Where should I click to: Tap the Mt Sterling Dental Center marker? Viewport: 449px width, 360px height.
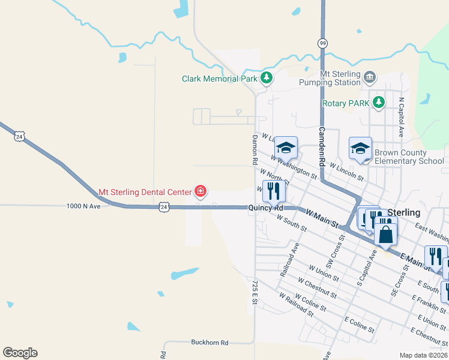[200, 192]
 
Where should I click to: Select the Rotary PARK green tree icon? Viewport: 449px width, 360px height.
[378, 103]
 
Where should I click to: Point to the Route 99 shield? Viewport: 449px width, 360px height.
[323, 43]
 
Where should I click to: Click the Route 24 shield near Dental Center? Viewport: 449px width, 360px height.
[164, 207]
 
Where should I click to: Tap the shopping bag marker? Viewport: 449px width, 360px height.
[385, 233]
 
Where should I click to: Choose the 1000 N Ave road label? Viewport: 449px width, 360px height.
[83, 206]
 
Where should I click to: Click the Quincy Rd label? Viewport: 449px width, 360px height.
[266, 208]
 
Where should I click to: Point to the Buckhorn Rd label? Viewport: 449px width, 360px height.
[210, 343]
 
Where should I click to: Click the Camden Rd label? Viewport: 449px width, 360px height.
[322, 148]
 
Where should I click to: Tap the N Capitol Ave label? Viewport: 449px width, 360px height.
[401, 117]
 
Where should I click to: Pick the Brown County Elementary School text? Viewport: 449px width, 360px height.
[409, 157]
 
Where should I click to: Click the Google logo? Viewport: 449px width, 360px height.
[20, 353]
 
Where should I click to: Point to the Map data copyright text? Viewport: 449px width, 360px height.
[423, 355]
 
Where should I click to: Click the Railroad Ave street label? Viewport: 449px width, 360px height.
[289, 259]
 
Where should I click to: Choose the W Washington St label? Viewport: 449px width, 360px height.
[294, 167]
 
